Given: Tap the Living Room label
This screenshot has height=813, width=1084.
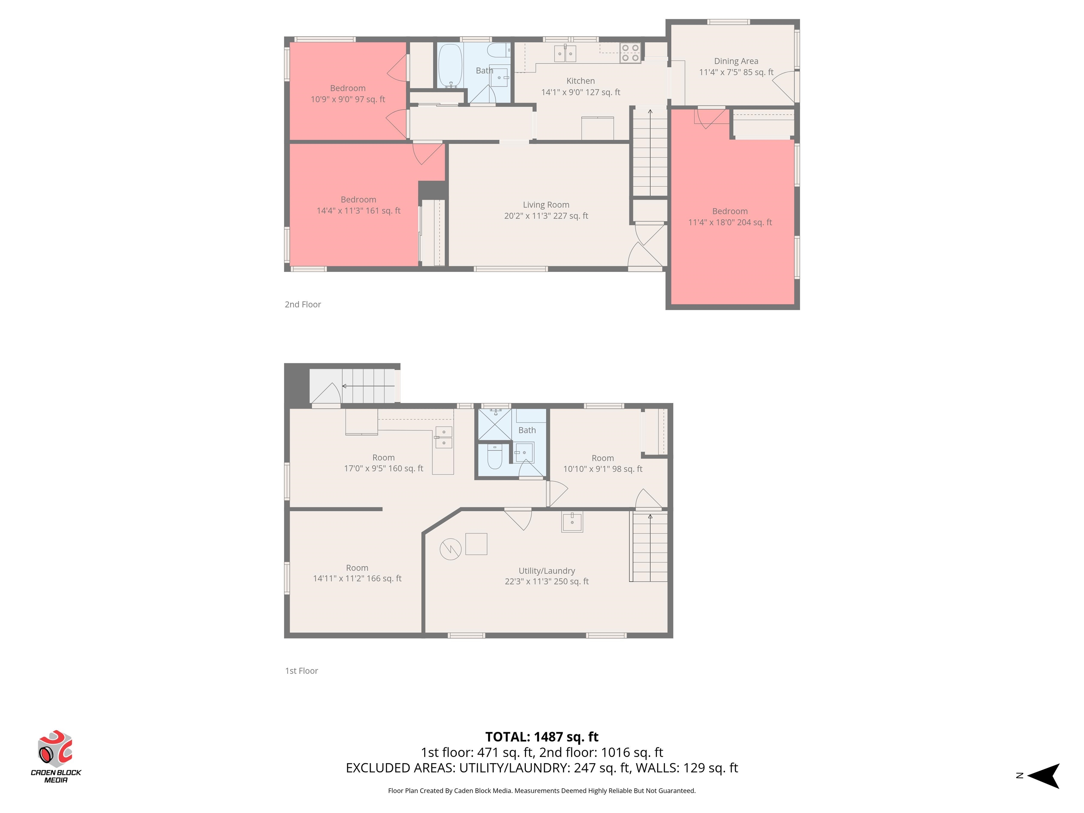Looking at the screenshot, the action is pyautogui.click(x=546, y=210).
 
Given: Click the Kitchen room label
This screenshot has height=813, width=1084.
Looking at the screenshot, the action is pyautogui.click(x=581, y=86).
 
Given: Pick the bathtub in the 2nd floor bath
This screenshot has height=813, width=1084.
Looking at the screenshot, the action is pyautogui.click(x=450, y=66).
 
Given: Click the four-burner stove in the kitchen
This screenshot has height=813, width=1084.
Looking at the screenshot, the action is pyautogui.click(x=630, y=53).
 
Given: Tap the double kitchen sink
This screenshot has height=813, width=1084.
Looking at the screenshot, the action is pyautogui.click(x=565, y=53).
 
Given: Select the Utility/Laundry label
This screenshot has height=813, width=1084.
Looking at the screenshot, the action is pyautogui.click(x=547, y=576).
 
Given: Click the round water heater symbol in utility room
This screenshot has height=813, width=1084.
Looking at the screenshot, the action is pyautogui.click(x=450, y=549).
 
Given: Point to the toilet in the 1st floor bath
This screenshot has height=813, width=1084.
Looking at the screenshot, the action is pyautogui.click(x=494, y=456).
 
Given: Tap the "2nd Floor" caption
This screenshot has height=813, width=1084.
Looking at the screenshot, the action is pyautogui.click(x=303, y=304).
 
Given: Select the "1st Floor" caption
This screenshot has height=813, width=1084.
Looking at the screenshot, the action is pyautogui.click(x=301, y=671).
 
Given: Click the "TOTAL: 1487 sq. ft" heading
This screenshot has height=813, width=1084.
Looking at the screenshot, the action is pyautogui.click(x=542, y=736).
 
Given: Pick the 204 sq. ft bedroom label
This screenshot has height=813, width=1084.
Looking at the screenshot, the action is pyautogui.click(x=730, y=217).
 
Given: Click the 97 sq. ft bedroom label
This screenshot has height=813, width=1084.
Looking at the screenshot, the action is pyautogui.click(x=348, y=94).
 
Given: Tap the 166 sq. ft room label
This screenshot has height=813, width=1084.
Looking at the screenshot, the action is pyautogui.click(x=357, y=573).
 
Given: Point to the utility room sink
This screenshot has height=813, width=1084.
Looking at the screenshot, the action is pyautogui.click(x=572, y=522).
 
